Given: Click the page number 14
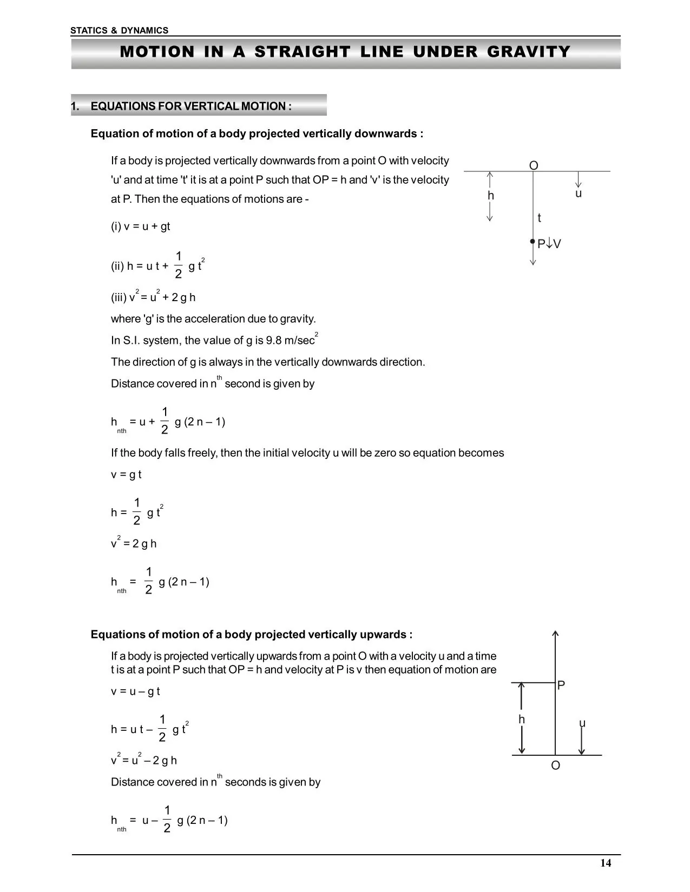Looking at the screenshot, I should pyautogui.click(x=606, y=863).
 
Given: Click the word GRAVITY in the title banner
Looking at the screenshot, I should pyautogui.click(x=529, y=52).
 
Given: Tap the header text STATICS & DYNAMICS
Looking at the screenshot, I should pyautogui.click(x=119, y=31).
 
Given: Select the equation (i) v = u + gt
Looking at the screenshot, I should pyautogui.click(x=141, y=227).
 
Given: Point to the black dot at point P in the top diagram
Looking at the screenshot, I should pyautogui.click(x=533, y=242).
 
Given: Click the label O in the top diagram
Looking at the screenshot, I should pyautogui.click(x=534, y=165).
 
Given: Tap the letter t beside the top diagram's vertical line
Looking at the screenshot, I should pyautogui.click(x=539, y=218).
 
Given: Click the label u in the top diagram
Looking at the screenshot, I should pyautogui.click(x=579, y=194).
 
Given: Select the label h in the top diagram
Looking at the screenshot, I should pyautogui.click(x=491, y=196).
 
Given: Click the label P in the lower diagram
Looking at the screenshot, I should pyautogui.click(x=561, y=685).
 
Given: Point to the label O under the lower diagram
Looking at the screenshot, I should pyautogui.click(x=555, y=765).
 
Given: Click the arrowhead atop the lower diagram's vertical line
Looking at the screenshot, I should pyautogui.click(x=555, y=634).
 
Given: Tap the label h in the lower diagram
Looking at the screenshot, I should pyautogui.click(x=522, y=720).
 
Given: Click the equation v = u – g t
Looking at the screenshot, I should pyautogui.click(x=135, y=691).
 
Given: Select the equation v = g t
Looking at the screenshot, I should pyautogui.click(x=126, y=475).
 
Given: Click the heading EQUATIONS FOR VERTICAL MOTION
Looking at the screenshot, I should pyautogui.click(x=190, y=106).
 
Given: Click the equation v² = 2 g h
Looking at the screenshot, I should pyautogui.click(x=134, y=543).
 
